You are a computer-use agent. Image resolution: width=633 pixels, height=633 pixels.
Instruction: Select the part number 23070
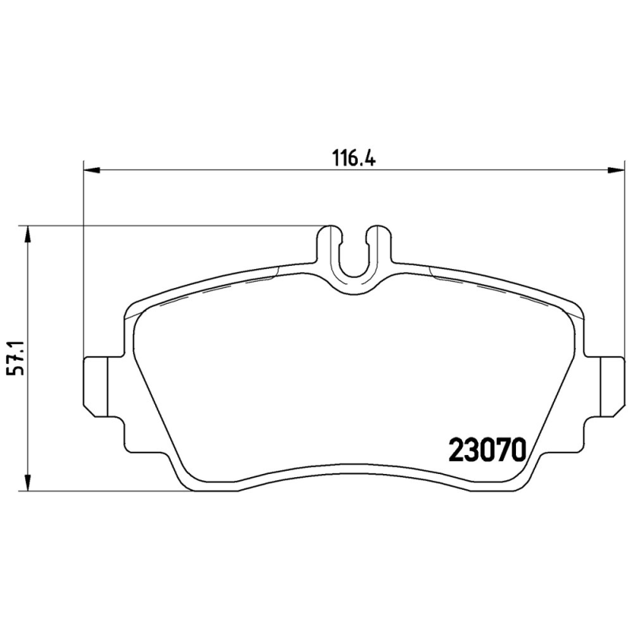487,449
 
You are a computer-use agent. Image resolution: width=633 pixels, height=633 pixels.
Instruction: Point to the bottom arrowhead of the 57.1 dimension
28,483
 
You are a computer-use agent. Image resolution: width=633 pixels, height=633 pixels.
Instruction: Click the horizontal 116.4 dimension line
237,169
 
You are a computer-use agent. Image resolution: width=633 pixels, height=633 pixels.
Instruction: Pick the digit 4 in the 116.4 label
368,156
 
